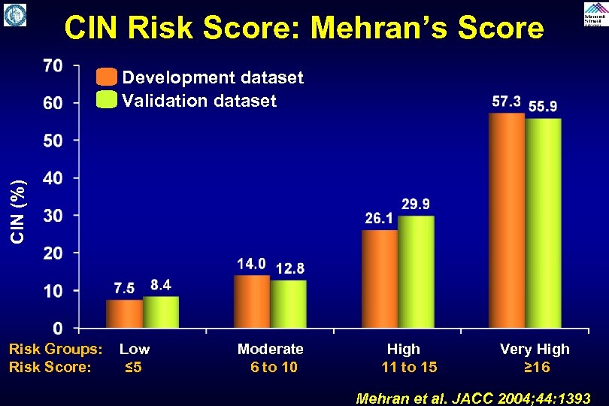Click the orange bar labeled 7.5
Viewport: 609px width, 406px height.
click(x=124, y=314)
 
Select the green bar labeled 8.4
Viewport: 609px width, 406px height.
click(x=160, y=312)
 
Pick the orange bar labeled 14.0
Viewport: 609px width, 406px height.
click(x=252, y=301)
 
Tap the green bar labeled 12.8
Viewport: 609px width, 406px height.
click(x=288, y=304)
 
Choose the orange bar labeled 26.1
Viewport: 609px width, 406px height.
click(x=380, y=279)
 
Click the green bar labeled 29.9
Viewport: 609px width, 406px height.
click(x=416, y=271)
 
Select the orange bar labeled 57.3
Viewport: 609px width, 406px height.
click(x=507, y=220)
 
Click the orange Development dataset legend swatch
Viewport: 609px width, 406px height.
click(x=107, y=77)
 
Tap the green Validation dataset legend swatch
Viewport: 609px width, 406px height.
click(x=107, y=100)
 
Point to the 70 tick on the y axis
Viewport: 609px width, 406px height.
click(x=53, y=65)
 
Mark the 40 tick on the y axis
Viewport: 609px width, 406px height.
click(x=53, y=178)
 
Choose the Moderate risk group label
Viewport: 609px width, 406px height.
click(x=271, y=349)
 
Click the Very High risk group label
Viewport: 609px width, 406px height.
click(x=535, y=349)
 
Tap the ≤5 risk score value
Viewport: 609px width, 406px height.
click(x=134, y=367)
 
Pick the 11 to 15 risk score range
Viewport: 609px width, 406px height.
click(x=409, y=367)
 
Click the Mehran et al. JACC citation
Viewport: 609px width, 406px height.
click(x=472, y=398)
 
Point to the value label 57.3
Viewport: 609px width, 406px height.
click(x=507, y=101)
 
